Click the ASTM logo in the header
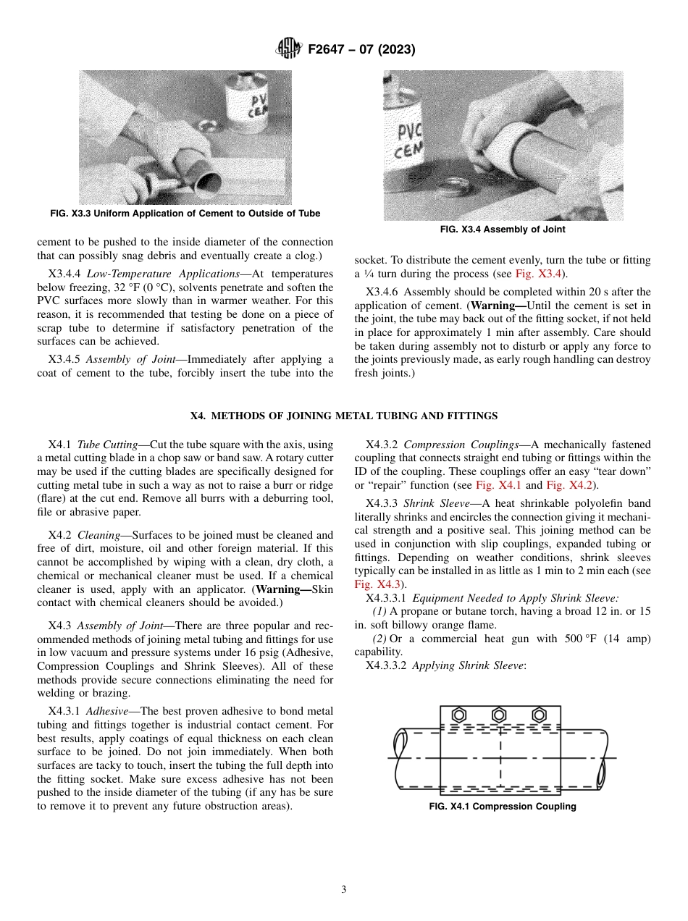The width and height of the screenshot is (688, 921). tap(288, 50)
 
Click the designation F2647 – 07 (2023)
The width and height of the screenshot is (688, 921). tap(361, 50)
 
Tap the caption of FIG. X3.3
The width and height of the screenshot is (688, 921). tap(185, 214)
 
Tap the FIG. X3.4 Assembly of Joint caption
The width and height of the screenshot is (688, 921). tap(502, 230)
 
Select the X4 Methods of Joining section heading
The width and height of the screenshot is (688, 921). tap(343, 416)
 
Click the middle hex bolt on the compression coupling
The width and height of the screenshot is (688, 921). tap(499, 715)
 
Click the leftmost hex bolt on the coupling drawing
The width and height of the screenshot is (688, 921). tap(458, 715)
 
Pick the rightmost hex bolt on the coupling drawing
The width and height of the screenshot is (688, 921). tap(539, 715)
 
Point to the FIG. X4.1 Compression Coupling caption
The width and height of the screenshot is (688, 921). tap(502, 806)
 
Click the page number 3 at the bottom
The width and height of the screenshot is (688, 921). tap(343, 889)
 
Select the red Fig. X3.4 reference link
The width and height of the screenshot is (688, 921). tap(540, 274)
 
